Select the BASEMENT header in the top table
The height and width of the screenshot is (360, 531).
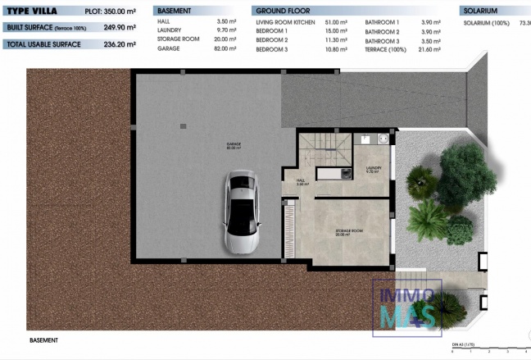click(174, 12)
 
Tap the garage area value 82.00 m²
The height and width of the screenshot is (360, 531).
click(225, 49)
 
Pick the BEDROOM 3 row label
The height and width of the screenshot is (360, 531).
click(272, 49)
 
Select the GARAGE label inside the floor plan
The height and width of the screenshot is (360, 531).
click(234, 144)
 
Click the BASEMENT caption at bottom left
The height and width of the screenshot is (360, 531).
click(43, 339)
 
